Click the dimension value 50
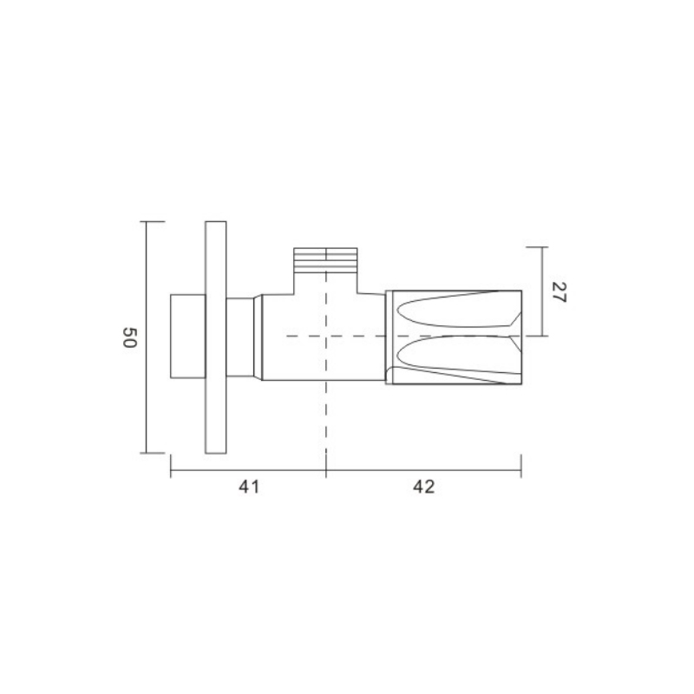pyautogui.click(x=129, y=337)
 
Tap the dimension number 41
pyautogui.click(x=249, y=487)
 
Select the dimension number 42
pyautogui.click(x=423, y=487)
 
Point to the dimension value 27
pyautogui.click(x=559, y=292)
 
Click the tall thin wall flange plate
pyautogui.click(x=216, y=337)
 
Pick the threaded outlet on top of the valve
pyautogui.click(x=326, y=259)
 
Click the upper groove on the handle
pyautogui.click(x=456, y=309)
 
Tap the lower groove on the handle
pyautogui.click(x=456, y=357)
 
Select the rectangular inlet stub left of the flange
pyautogui.click(x=188, y=336)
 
